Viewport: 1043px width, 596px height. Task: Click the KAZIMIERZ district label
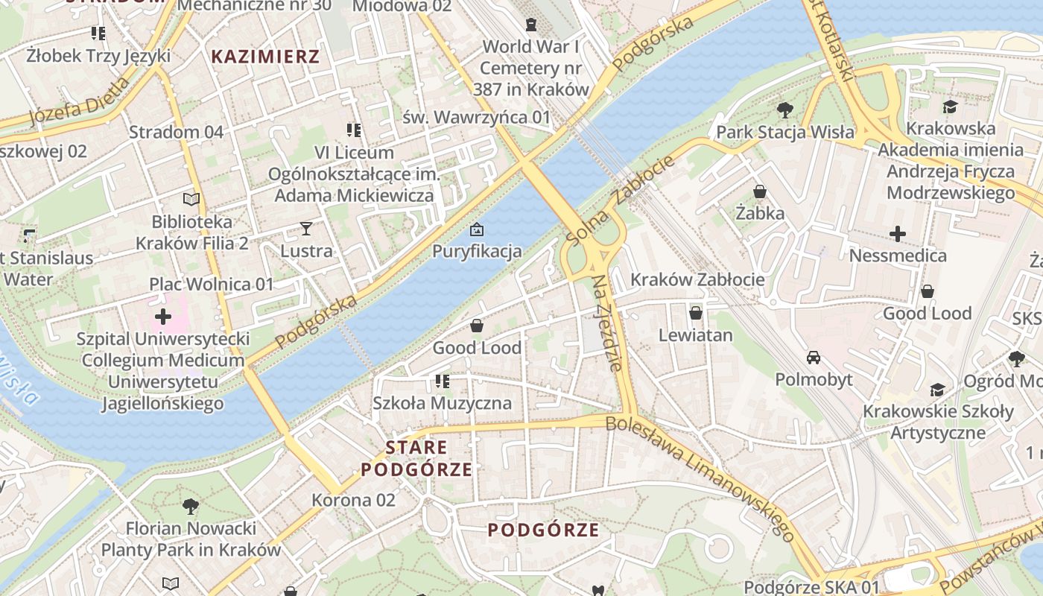(x=265, y=57)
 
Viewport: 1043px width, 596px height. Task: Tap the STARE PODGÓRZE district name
(x=416, y=458)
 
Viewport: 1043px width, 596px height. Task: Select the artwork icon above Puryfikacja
(x=477, y=229)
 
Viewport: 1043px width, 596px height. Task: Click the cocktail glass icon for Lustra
(x=305, y=228)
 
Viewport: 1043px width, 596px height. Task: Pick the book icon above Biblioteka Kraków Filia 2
(x=191, y=199)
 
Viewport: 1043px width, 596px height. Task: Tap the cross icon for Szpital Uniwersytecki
(x=162, y=317)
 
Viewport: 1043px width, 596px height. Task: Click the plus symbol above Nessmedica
(x=898, y=234)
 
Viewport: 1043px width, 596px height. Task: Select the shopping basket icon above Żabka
(x=760, y=191)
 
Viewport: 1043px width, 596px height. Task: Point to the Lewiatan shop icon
(x=695, y=313)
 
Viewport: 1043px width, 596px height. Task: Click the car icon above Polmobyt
(x=814, y=358)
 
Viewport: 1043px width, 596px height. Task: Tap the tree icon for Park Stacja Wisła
(x=784, y=111)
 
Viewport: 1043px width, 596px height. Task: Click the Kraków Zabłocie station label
(x=697, y=280)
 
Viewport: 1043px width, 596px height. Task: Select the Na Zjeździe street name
(x=606, y=323)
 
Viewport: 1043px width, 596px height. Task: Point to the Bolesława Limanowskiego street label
(x=700, y=477)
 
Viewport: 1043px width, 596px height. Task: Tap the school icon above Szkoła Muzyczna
(x=443, y=382)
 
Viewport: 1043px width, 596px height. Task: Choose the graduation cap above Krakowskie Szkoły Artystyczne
(x=937, y=390)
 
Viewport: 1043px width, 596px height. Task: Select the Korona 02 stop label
(x=353, y=500)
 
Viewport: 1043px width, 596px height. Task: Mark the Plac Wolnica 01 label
(x=212, y=284)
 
